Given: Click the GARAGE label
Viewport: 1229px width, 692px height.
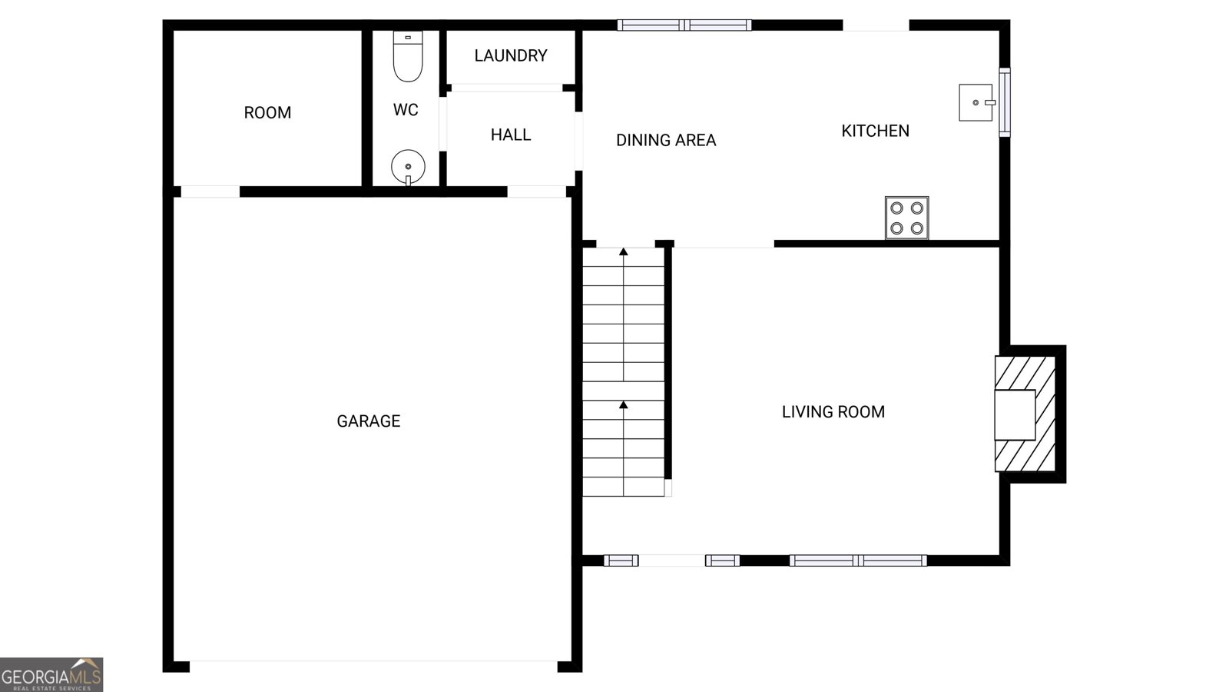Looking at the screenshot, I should point(368,421).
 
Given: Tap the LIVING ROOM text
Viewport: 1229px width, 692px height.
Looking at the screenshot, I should point(833,412).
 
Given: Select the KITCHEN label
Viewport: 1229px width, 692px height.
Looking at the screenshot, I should point(875,131).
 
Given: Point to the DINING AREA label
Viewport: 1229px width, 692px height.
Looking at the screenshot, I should point(665,140).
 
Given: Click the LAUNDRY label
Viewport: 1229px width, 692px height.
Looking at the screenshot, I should point(510,55).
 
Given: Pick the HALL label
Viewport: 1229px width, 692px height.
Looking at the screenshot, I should point(510,135).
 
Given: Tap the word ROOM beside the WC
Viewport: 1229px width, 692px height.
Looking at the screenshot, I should point(267,112).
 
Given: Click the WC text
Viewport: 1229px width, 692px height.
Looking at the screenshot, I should point(406,110).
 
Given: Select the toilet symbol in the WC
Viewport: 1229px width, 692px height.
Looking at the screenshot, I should point(408,56).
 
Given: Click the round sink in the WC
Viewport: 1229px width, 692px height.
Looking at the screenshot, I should point(408,166).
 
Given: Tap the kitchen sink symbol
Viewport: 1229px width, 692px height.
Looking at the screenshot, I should point(976,102).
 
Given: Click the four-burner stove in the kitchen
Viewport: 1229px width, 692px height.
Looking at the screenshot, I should point(906,218).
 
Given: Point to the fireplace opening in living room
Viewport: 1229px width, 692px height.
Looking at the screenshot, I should point(1015,414).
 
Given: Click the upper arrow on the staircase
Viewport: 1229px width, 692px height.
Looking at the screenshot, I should point(624,252).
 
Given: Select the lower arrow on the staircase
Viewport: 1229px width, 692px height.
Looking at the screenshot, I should point(624,405).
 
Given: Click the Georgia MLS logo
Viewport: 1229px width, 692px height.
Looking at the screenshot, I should point(51,675).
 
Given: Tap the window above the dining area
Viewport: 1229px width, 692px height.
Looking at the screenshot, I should point(684,25).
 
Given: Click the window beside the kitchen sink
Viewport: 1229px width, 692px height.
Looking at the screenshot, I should point(1004,102).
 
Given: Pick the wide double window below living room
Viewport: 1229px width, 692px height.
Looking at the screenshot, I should point(858,561).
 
